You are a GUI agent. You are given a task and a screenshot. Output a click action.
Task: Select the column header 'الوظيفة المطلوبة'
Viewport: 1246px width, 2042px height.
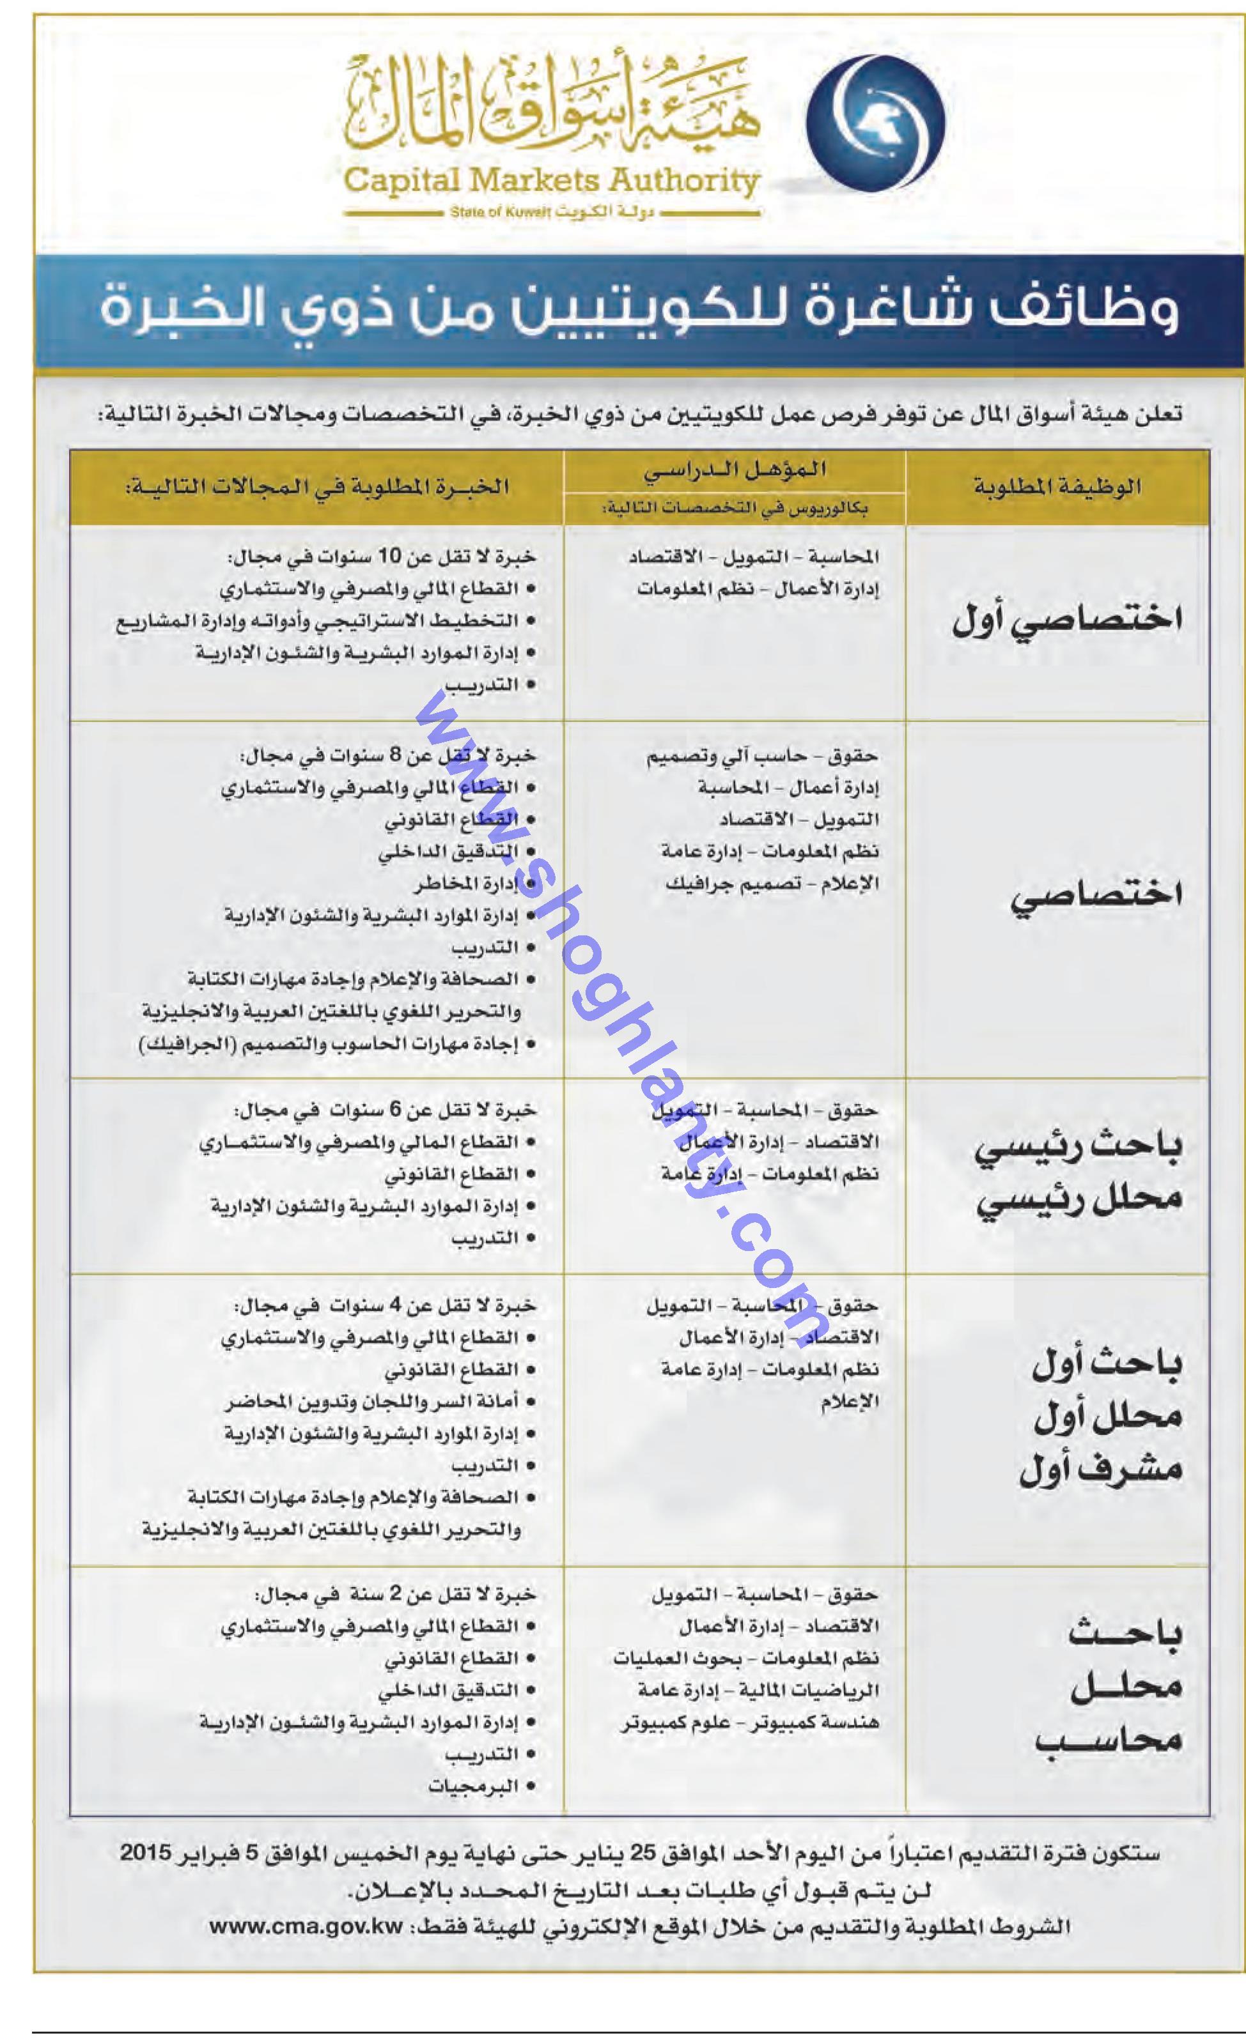point(1057,487)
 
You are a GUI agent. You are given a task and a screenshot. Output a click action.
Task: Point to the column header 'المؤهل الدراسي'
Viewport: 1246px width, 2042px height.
point(735,470)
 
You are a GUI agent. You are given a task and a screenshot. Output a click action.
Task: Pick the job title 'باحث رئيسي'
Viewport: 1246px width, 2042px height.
point(1077,1149)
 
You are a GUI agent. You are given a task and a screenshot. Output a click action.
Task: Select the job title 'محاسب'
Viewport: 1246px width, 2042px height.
point(1107,1740)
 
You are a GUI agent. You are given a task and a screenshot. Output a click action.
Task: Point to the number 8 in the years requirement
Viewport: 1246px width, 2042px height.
point(396,755)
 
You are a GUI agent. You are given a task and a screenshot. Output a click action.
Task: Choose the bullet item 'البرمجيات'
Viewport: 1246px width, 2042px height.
point(473,1786)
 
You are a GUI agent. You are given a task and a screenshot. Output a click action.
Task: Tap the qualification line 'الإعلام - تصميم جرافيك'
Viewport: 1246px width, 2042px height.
point(771,884)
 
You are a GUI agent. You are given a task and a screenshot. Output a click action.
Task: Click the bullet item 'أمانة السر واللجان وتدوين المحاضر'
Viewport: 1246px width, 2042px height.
point(371,1401)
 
